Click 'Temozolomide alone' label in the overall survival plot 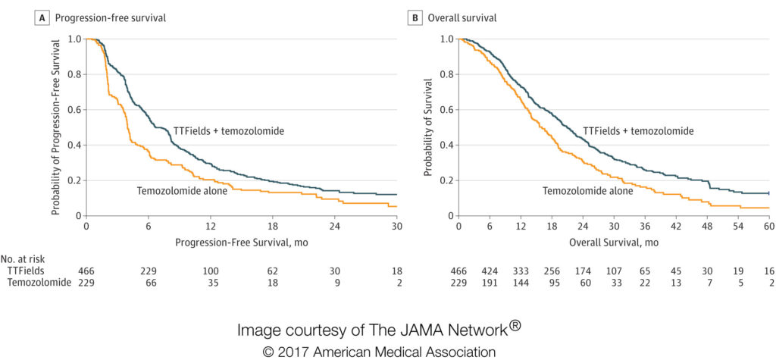tap(588, 191)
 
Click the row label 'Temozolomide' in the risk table tap(39, 282)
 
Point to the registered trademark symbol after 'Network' tap(515, 326)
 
